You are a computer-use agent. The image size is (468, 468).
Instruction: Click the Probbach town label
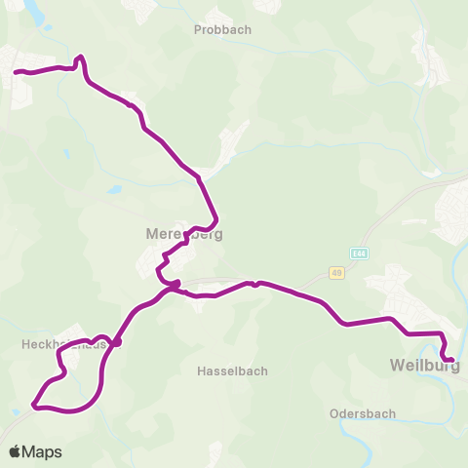(x=222, y=29)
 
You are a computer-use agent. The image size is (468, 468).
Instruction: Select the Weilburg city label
(x=423, y=366)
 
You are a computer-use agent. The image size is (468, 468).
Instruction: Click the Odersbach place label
(x=363, y=413)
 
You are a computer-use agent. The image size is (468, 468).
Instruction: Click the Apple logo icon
(x=16, y=451)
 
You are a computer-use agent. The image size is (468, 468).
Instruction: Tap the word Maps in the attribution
(x=43, y=451)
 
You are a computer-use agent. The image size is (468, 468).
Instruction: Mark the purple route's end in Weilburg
(x=451, y=361)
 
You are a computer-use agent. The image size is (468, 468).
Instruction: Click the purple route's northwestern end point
(x=16, y=71)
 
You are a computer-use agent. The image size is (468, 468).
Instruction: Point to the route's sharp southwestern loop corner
(x=34, y=404)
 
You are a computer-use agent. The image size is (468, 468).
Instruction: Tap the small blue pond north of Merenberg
(x=115, y=189)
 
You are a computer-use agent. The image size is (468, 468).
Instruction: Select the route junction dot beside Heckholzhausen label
(x=116, y=342)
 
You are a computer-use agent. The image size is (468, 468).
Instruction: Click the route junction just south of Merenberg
(x=175, y=286)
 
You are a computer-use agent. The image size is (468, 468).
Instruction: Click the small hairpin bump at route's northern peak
(x=80, y=58)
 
